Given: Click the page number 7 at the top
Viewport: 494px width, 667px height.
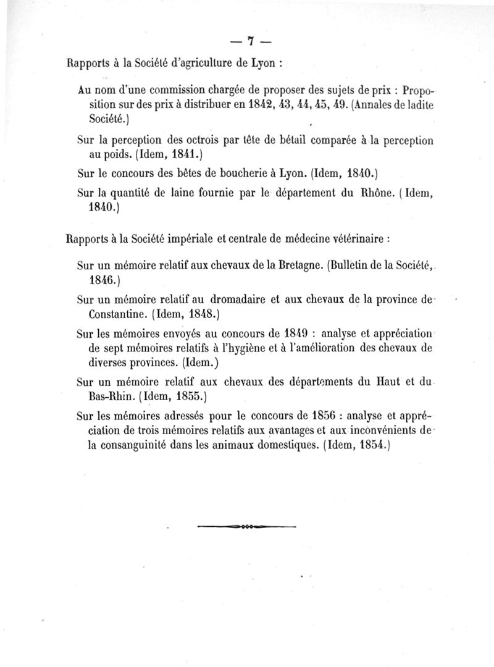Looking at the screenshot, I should tap(251, 41).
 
